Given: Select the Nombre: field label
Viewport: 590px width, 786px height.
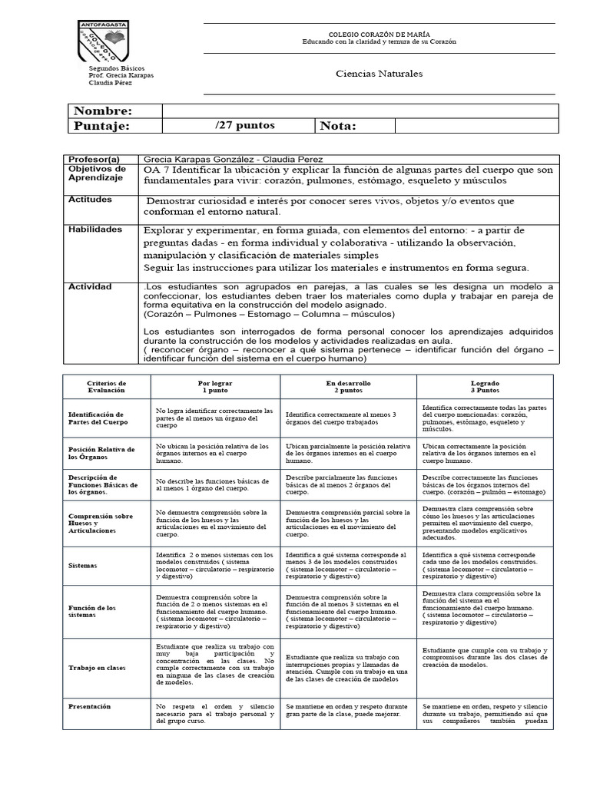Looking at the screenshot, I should pos(103,111).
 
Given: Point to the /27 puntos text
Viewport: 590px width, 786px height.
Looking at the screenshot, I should pos(244,125).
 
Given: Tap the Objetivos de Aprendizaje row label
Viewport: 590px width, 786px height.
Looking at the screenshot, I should pos(97,173).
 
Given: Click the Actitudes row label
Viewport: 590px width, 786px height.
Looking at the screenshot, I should pos(90,200).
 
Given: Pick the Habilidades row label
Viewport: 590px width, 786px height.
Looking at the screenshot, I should pos(94,229).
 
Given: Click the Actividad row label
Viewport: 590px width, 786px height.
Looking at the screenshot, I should pos(90,286).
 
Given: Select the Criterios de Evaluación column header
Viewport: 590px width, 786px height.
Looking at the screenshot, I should pos(107,386).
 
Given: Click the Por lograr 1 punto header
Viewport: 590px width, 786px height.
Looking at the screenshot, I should pos(215,386).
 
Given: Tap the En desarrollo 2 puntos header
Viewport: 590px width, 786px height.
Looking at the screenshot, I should pos(350,386).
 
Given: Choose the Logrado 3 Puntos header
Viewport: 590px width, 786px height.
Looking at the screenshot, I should pos(484,386).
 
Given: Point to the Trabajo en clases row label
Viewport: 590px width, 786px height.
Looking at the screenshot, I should pos(97,668).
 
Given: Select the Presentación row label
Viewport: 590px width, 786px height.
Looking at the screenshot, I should pos(89,706).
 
